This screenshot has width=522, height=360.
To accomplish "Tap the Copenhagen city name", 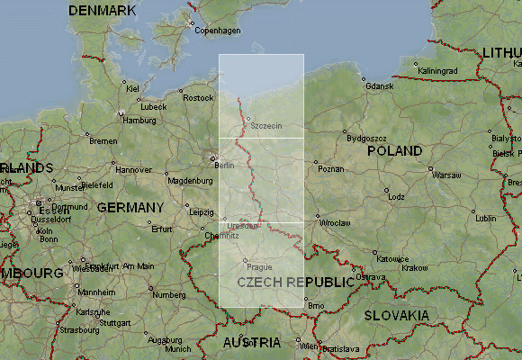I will click(220, 31).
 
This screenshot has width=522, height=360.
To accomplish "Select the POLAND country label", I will click(394, 150).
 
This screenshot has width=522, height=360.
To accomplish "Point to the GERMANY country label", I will click(130, 207).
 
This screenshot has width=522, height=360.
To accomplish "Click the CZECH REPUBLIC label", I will click(296, 282).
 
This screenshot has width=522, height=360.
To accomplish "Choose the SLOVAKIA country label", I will click(396, 315).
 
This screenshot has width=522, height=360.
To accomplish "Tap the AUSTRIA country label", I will click(251, 343).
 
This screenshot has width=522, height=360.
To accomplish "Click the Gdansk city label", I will click(380, 86).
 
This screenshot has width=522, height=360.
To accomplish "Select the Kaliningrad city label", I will click(439, 71).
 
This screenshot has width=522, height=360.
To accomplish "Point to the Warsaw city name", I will click(446, 175).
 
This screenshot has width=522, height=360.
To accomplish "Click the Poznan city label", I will click(331, 169).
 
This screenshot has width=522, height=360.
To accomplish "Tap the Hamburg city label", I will click(139, 120).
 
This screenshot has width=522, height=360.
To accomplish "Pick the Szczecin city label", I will click(266, 125).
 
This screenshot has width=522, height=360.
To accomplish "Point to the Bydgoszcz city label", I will click(366, 139).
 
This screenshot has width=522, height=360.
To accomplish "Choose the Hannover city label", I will click(134, 169).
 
